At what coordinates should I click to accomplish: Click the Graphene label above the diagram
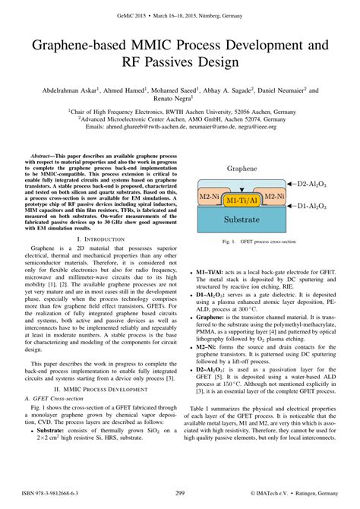pyautogui.click(x=241, y=168)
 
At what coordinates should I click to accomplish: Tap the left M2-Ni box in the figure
pyautogui.click(x=209, y=196)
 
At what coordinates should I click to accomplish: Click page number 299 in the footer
pyautogui.click(x=180, y=493)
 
